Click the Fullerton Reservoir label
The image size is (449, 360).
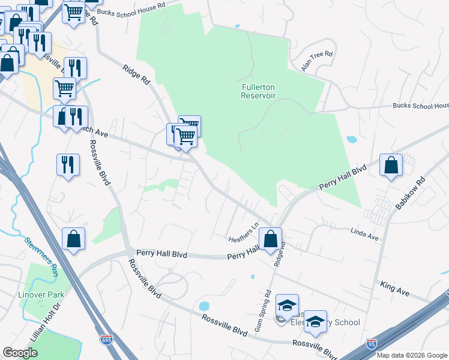[x=258, y=91]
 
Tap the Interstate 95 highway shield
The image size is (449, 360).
[x=372, y=344]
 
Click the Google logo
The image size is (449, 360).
[x=20, y=353]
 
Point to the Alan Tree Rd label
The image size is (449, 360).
[x=317, y=61]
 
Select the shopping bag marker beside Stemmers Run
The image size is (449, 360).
[x=73, y=238]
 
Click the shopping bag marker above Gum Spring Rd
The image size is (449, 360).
[x=270, y=238]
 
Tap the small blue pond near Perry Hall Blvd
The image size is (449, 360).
[x=203, y=306]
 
